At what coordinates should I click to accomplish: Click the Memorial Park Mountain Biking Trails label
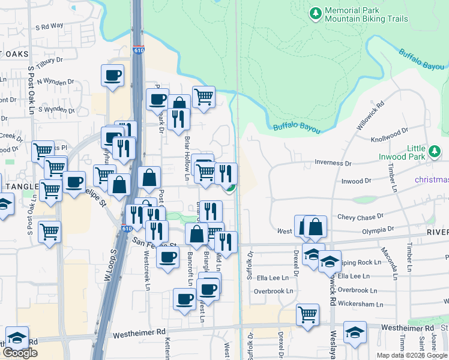click(x=366, y=15)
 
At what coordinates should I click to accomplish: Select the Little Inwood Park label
click(x=416, y=153)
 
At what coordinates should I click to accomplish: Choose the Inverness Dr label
click(x=333, y=163)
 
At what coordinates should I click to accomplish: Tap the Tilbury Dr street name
click(x=49, y=61)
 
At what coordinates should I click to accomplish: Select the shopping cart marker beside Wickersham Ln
click(x=307, y=313)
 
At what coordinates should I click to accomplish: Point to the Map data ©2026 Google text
click(x=411, y=355)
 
